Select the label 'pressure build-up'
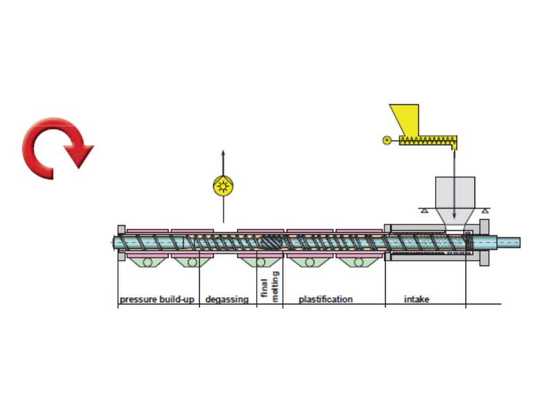[x=157, y=300]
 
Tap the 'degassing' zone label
[x=227, y=300]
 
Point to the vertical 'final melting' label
[x=270, y=286]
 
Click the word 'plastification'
[x=325, y=300]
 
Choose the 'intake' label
[x=417, y=300]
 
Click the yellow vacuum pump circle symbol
[x=223, y=186]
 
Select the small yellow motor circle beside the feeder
[x=386, y=140]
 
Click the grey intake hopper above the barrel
[x=455, y=202]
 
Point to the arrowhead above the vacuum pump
[x=223, y=153]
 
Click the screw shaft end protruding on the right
[x=509, y=243]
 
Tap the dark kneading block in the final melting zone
[x=270, y=243]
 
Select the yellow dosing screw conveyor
[x=428, y=140]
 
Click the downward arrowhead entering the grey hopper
[x=454, y=215]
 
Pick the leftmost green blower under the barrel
[x=147, y=263]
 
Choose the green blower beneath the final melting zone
[x=261, y=263]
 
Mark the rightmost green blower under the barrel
[x=358, y=263]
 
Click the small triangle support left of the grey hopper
[x=423, y=211]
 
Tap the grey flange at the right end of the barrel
[x=484, y=243]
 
